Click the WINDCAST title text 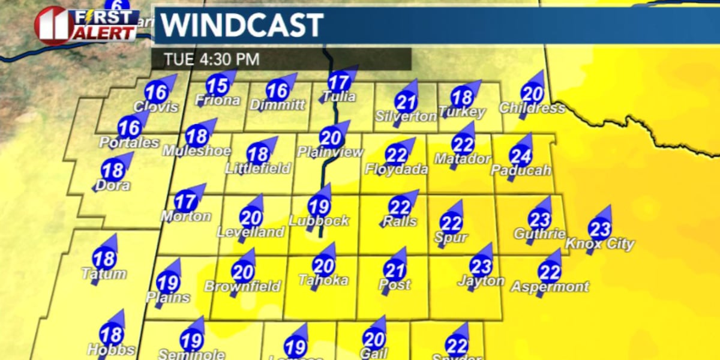pyautogui.click(x=242, y=25)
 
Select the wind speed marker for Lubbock pyautogui.click(x=320, y=206)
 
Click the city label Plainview pyautogui.click(x=331, y=152)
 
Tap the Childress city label pyautogui.click(x=532, y=109)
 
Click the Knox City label pyautogui.click(x=599, y=244)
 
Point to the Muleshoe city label pyautogui.click(x=196, y=150)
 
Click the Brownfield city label pyautogui.click(x=242, y=287)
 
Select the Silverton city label pyautogui.click(x=406, y=116)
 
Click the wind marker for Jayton pyautogui.click(x=481, y=266)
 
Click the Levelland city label pyautogui.click(x=251, y=232)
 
